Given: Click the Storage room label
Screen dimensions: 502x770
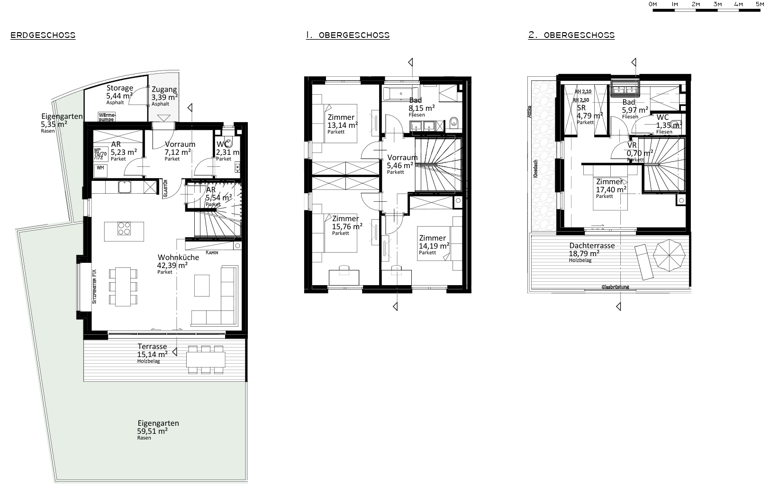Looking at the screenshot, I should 119,89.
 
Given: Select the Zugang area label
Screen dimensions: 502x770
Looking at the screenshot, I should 164,90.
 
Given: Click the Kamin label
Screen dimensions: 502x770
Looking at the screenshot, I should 212,252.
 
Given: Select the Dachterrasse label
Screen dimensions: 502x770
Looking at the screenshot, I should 592,246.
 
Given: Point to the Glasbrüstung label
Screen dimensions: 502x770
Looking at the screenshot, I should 615,287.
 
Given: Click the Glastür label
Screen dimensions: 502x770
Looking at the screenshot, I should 165,188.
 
